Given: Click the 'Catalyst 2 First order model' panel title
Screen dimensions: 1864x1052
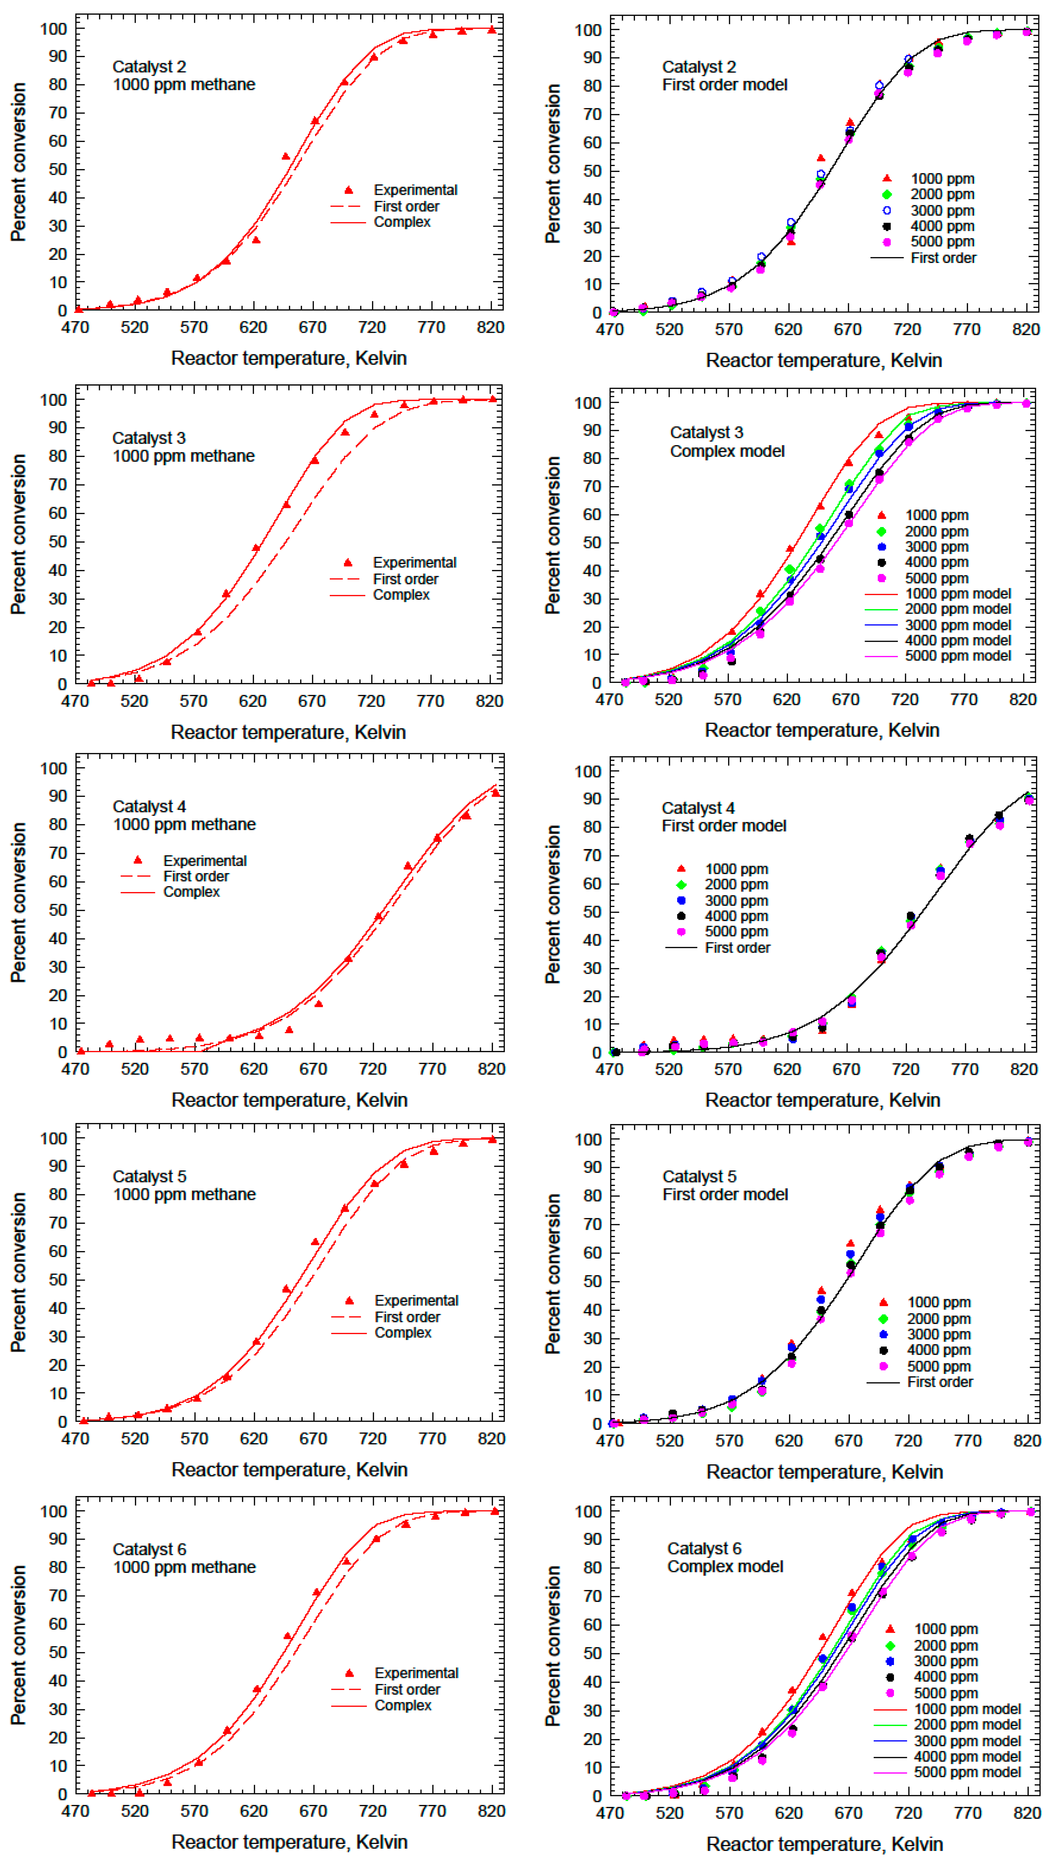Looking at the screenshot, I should (x=724, y=76).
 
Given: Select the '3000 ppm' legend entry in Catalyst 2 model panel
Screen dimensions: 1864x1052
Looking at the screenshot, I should (x=941, y=210).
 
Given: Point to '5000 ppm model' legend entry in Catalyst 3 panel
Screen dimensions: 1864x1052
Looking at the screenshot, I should (x=957, y=655).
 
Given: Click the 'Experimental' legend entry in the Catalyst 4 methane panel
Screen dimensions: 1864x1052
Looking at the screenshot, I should (x=204, y=860).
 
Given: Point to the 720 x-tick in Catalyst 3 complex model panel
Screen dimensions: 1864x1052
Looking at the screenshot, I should (x=904, y=700).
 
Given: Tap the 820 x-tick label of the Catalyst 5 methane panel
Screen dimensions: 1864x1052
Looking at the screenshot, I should (x=491, y=1439).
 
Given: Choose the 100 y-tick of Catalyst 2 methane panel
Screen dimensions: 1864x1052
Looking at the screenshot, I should (x=54, y=29).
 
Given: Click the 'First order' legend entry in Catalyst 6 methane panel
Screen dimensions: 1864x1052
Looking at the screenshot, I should (x=407, y=1690).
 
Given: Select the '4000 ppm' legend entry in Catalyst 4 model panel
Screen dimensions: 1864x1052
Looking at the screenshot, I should (x=736, y=916).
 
